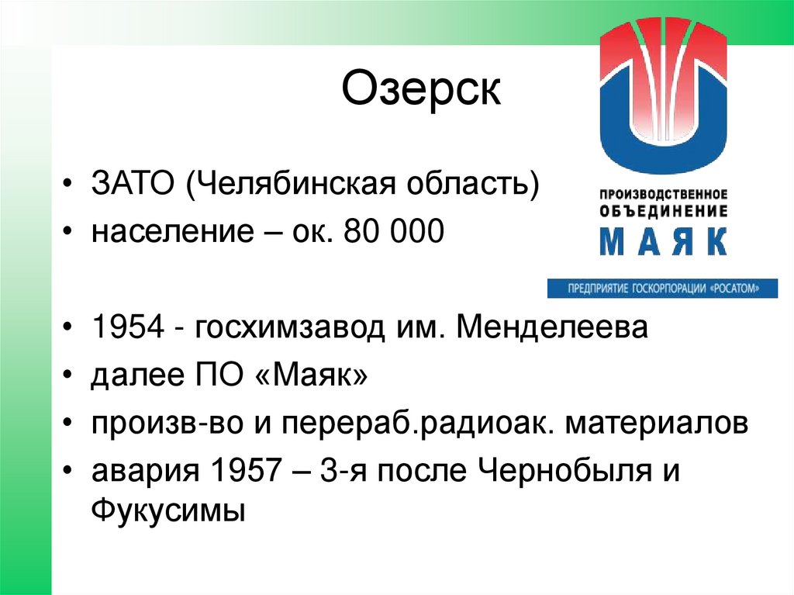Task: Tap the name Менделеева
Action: click(x=551, y=328)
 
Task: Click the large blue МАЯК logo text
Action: click(x=662, y=241)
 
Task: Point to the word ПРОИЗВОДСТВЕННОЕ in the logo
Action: click(x=663, y=193)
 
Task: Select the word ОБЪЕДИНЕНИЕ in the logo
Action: click(x=663, y=210)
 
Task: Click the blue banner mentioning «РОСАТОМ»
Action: click(x=662, y=288)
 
